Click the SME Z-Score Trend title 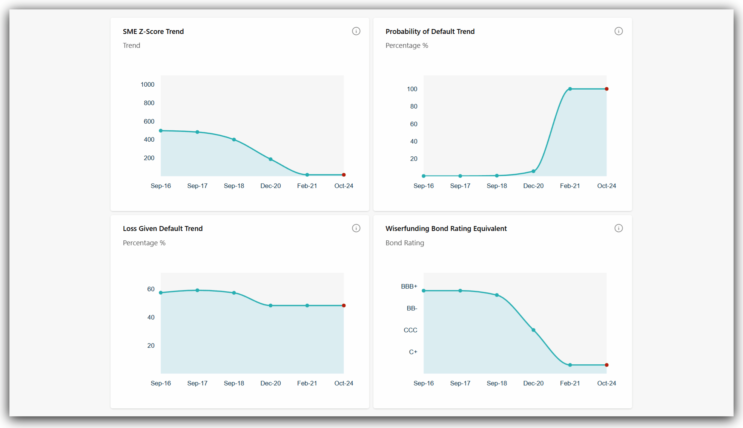[x=153, y=32]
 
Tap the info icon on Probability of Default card [x=619, y=31]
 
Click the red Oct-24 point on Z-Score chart [x=344, y=175]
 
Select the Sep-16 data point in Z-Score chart [x=161, y=131]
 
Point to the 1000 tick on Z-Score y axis [x=147, y=85]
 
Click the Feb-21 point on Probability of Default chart [x=570, y=89]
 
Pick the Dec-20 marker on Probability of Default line [x=533, y=171]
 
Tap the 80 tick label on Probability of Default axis [x=414, y=107]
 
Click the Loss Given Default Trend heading [x=163, y=229]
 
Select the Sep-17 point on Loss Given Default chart [x=197, y=290]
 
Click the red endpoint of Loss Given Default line [x=344, y=306]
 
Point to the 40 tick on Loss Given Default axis [x=151, y=318]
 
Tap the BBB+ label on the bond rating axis [x=409, y=287]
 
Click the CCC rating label [x=410, y=330]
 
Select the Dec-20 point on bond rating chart [x=533, y=330]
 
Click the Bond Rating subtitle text [x=405, y=243]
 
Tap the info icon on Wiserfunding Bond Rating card [x=619, y=228]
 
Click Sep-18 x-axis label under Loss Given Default [x=234, y=383]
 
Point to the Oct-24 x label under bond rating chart [x=606, y=383]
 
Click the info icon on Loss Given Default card [x=356, y=228]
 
